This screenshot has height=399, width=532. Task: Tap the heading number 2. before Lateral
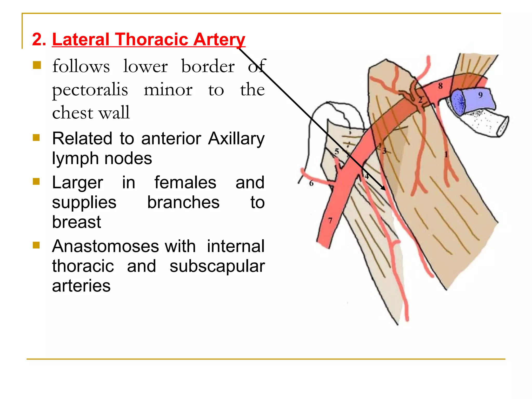(39, 39)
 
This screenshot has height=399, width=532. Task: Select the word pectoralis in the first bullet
(90, 90)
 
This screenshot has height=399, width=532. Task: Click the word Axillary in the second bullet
(236, 138)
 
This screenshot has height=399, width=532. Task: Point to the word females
(185, 182)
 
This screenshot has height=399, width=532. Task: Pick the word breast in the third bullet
(76, 222)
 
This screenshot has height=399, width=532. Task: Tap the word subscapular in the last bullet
(217, 266)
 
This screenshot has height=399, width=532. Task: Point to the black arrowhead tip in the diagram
(385, 190)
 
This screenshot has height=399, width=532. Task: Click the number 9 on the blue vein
(480, 95)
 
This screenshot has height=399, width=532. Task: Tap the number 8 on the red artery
(440, 86)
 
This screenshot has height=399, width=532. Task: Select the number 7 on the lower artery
(330, 221)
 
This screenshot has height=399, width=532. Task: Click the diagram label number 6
(311, 183)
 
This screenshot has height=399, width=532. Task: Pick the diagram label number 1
(446, 155)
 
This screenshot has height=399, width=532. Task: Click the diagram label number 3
(384, 151)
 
